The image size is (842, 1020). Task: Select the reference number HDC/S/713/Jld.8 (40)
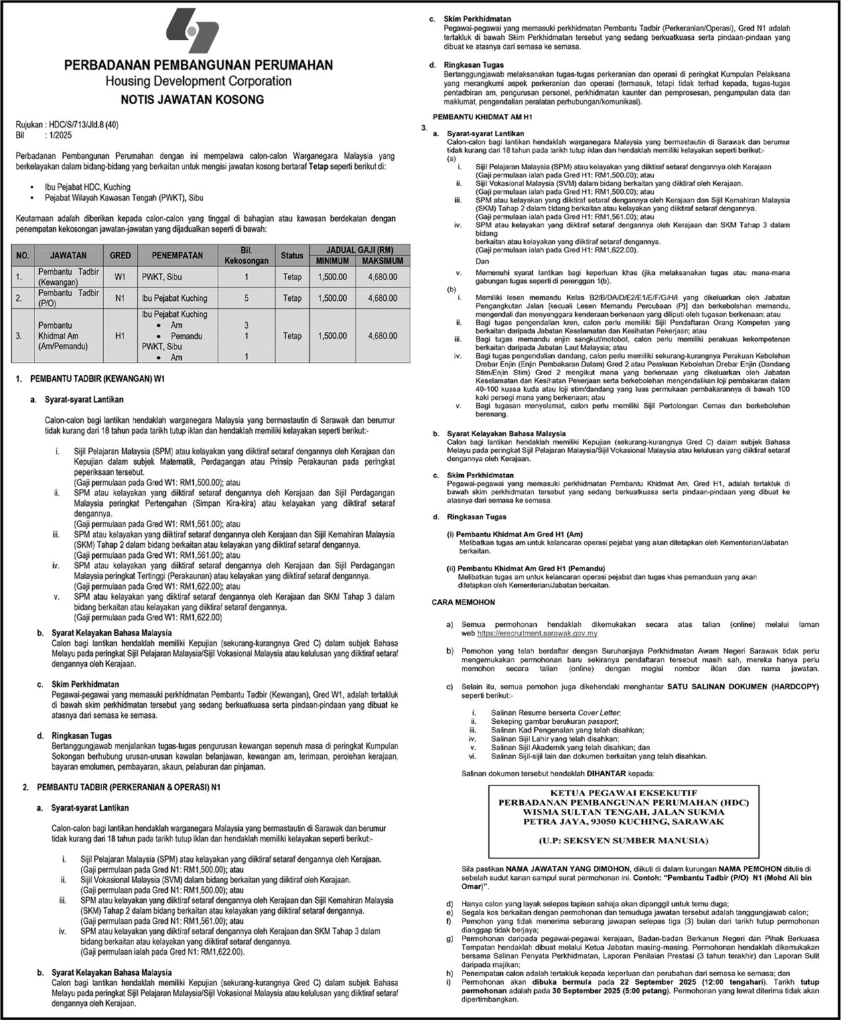click(x=84, y=124)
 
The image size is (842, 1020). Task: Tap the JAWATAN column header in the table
click(x=70, y=255)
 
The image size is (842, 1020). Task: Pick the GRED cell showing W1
click(x=120, y=276)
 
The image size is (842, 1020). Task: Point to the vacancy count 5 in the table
click(x=247, y=298)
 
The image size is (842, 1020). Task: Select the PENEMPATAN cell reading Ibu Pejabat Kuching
click(x=174, y=298)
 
